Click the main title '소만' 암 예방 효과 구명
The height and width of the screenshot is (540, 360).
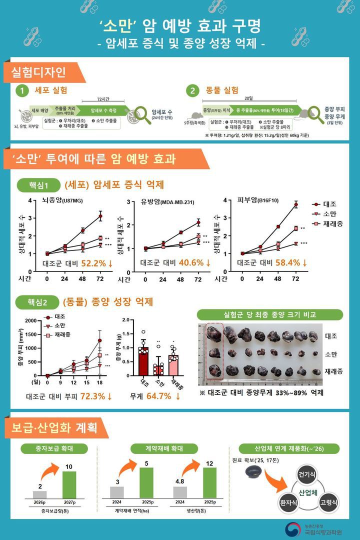pos(180,25)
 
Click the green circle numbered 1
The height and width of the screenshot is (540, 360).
pos(21,90)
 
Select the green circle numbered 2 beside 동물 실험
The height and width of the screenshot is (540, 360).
pos(192,90)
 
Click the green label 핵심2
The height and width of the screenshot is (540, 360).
pos(38,302)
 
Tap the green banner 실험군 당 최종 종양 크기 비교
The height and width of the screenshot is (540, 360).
pos(269,315)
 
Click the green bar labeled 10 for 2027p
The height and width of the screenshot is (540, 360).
pos(69,484)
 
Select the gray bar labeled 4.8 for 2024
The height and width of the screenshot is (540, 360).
pos(180,491)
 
